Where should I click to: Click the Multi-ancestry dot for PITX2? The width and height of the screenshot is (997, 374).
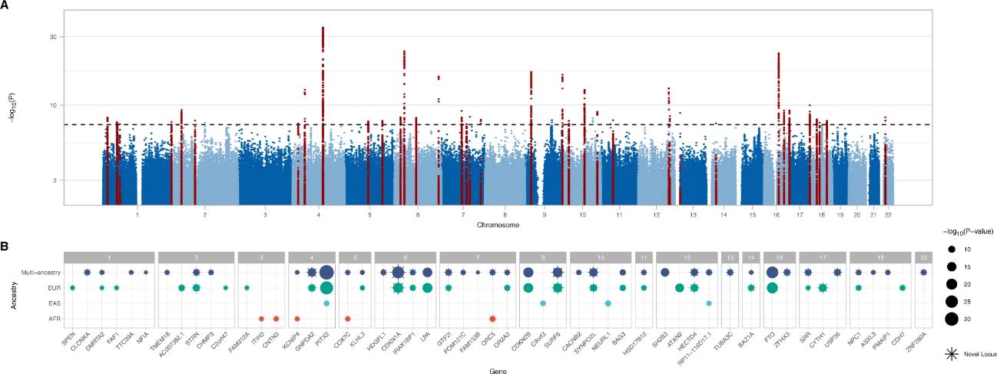point(326,272)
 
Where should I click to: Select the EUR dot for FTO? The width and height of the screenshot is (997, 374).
point(772,287)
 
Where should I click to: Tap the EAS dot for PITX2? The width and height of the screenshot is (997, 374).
point(326,303)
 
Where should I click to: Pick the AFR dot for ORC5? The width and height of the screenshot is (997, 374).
point(492,318)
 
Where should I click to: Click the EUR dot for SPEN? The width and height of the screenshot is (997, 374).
point(72,287)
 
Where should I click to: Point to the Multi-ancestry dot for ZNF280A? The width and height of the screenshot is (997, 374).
point(923,272)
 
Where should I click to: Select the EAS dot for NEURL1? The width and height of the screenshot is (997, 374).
point(608,303)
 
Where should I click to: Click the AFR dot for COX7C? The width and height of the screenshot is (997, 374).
point(348,318)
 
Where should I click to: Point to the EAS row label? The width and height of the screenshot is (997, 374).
point(49,303)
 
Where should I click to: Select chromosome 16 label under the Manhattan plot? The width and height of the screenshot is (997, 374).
point(777,217)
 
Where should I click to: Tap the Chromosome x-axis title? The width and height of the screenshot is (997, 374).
point(497,225)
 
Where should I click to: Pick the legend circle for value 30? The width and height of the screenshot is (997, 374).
point(952,319)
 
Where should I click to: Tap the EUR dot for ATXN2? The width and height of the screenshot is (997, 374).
point(680,287)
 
